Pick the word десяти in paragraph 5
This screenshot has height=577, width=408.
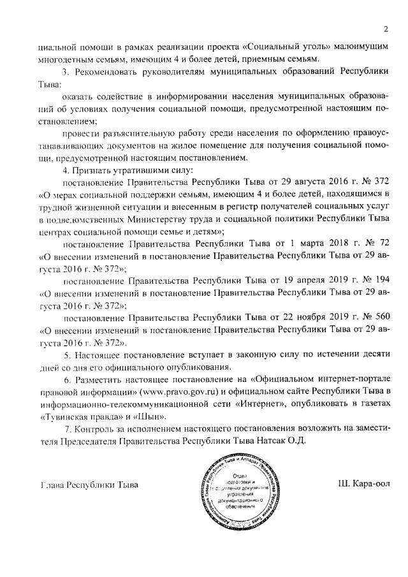(374, 354)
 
